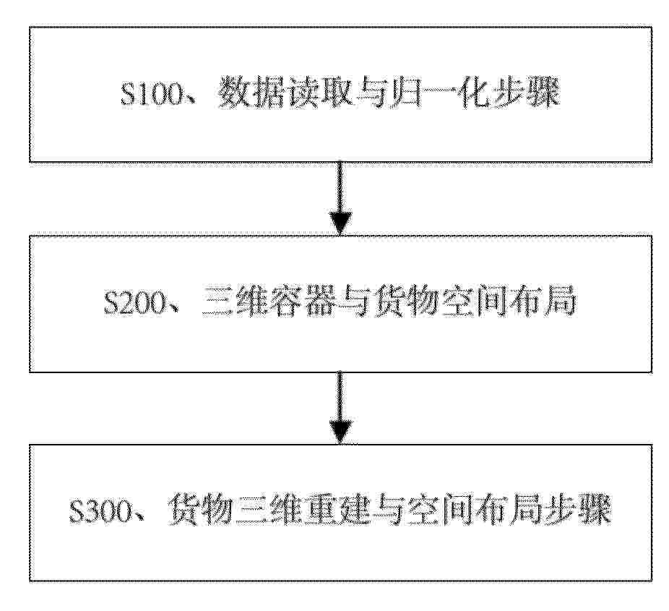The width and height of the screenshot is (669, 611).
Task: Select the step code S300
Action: pyautogui.click(x=100, y=510)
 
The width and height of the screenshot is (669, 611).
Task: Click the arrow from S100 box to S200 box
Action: pyautogui.click(x=340, y=199)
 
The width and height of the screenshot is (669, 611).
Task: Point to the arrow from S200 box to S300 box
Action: pyautogui.click(x=340, y=409)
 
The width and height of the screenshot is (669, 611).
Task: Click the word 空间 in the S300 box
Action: pyautogui.click(x=440, y=510)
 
